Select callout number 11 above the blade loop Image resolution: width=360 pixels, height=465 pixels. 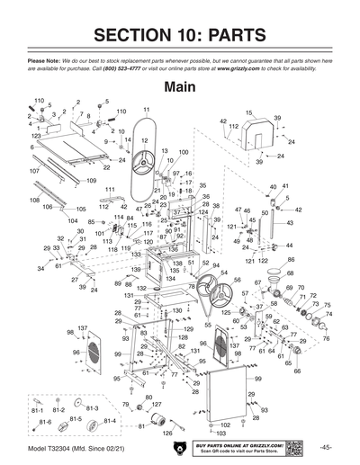(145, 109)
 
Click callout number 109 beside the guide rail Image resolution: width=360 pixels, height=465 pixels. (91, 180)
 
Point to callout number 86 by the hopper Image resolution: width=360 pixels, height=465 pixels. (291, 259)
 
